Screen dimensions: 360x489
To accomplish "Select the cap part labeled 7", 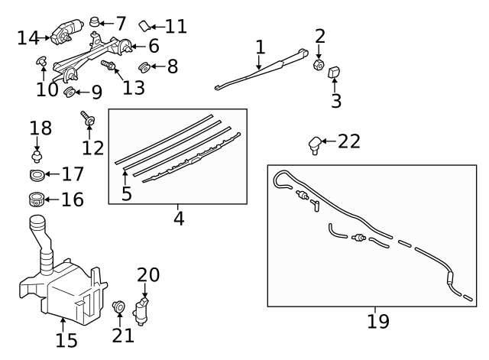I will click(96, 22).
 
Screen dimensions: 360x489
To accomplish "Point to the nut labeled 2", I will click(319, 64).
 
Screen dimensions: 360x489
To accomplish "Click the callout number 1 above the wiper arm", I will click(260, 46).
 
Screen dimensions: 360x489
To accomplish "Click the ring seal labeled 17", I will click(35, 176).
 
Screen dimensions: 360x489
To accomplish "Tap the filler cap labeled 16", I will click(35, 201).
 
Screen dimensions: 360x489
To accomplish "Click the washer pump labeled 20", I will click(143, 310).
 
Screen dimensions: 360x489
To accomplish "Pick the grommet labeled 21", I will click(118, 307).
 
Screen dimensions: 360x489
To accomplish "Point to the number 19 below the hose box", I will click(377, 321).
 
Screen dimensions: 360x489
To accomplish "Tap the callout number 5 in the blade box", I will click(127, 194).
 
